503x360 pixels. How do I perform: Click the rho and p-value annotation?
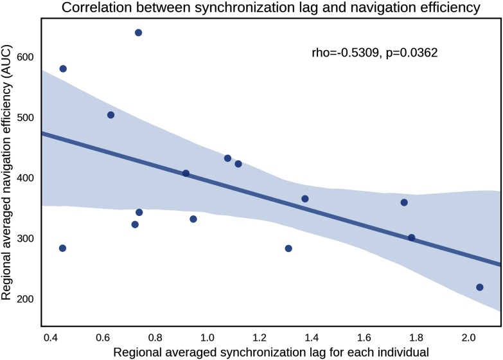click(x=374, y=53)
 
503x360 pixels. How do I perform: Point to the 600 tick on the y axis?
click(x=27, y=57)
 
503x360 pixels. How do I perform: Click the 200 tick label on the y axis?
click(x=27, y=300)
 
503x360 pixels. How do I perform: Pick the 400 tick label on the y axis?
click(x=27, y=178)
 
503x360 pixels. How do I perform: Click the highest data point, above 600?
click(x=138, y=33)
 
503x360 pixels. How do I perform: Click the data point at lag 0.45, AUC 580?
click(x=63, y=69)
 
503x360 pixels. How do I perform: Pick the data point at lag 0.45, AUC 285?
click(x=62, y=248)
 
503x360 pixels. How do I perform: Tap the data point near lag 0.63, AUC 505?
click(x=110, y=115)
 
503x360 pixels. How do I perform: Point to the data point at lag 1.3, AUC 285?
click(x=288, y=248)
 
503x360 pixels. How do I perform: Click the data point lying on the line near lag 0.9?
click(x=186, y=174)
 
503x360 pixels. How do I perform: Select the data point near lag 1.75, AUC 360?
click(x=404, y=203)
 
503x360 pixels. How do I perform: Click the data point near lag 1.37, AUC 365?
click(x=305, y=199)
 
